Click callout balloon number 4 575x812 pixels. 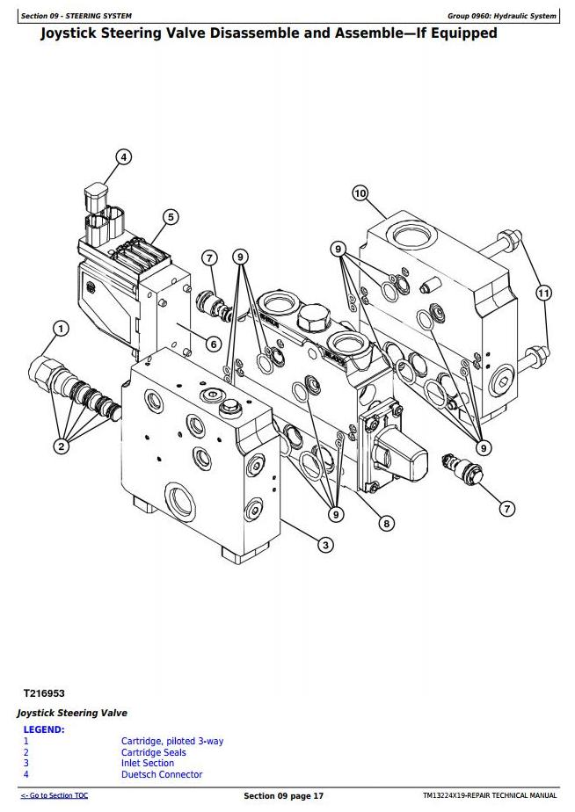(x=123, y=157)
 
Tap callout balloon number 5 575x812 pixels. (x=171, y=217)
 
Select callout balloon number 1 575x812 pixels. (x=62, y=329)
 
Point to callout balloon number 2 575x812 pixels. (x=62, y=446)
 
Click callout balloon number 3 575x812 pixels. (x=325, y=545)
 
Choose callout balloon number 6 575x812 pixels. (x=214, y=344)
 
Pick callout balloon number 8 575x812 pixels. (x=386, y=524)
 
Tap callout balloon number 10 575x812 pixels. (x=360, y=193)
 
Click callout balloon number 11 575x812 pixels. (x=542, y=294)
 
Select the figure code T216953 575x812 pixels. (x=44, y=693)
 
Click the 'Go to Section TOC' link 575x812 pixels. (x=55, y=795)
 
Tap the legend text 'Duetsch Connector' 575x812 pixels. (x=162, y=775)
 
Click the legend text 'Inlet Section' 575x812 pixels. (x=148, y=764)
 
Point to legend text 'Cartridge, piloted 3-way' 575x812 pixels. (x=172, y=741)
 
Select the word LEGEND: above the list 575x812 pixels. (x=44, y=729)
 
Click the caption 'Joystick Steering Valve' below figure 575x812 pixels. (x=72, y=713)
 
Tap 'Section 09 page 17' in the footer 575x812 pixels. (x=283, y=796)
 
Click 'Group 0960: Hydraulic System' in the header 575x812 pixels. (x=501, y=16)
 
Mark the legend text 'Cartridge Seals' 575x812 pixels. (x=153, y=752)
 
